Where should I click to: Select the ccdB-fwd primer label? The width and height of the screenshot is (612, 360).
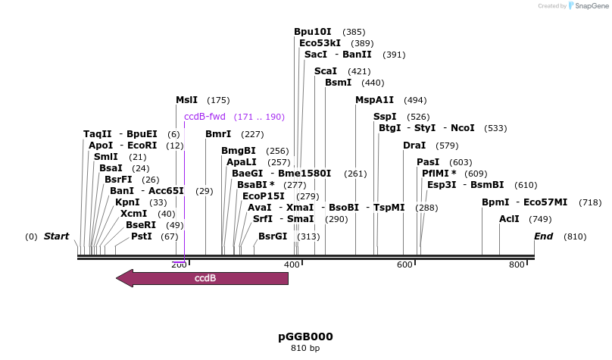coord(205,117)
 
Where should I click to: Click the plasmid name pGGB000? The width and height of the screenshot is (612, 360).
coord(306,337)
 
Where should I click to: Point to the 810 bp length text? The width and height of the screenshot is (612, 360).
coord(305,349)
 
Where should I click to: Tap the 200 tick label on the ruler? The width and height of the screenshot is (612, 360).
coord(179,265)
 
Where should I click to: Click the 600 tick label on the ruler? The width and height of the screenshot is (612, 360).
coord(404,265)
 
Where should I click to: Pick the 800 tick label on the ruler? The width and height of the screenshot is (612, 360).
coord(517,265)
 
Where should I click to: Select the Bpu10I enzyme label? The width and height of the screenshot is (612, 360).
coord(313,32)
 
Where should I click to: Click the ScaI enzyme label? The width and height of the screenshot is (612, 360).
coord(326,71)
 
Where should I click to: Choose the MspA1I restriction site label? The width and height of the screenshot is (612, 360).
coord(375,100)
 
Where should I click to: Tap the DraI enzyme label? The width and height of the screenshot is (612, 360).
coord(414,146)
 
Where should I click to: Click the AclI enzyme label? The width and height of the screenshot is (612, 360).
coord(509,219)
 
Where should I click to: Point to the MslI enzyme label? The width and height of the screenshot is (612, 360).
coord(186,100)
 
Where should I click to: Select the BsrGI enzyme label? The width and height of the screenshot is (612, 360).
coord(273,236)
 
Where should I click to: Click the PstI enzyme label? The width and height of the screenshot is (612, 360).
coord(142,236)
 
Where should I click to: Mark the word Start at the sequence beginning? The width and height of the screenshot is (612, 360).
coord(56,236)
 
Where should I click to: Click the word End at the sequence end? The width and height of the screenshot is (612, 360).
coord(544,236)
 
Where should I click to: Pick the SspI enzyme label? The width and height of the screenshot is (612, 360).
coord(385,117)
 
